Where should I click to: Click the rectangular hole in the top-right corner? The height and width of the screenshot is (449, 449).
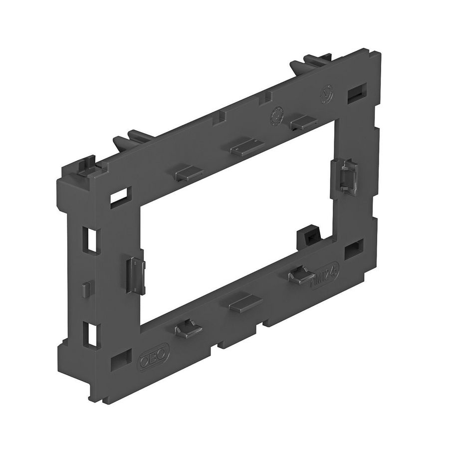point(356,93)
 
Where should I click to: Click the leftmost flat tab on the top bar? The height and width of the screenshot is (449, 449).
point(188,172)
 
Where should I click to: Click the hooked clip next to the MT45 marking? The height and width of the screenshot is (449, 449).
point(301,274)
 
